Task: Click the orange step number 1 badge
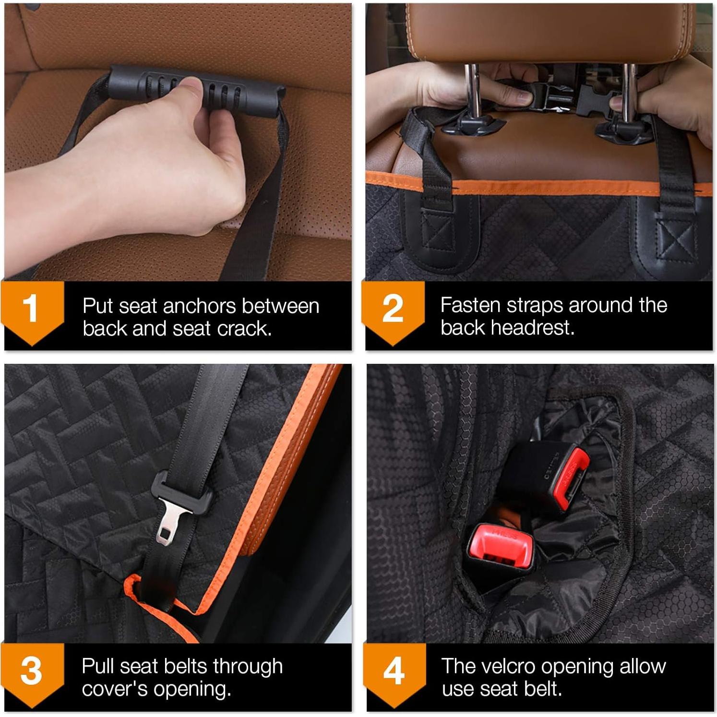point(32,310)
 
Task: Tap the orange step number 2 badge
point(393,310)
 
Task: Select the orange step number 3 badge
point(32,671)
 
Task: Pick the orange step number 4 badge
point(394,671)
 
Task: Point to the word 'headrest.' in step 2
point(507,328)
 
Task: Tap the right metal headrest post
point(629,94)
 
